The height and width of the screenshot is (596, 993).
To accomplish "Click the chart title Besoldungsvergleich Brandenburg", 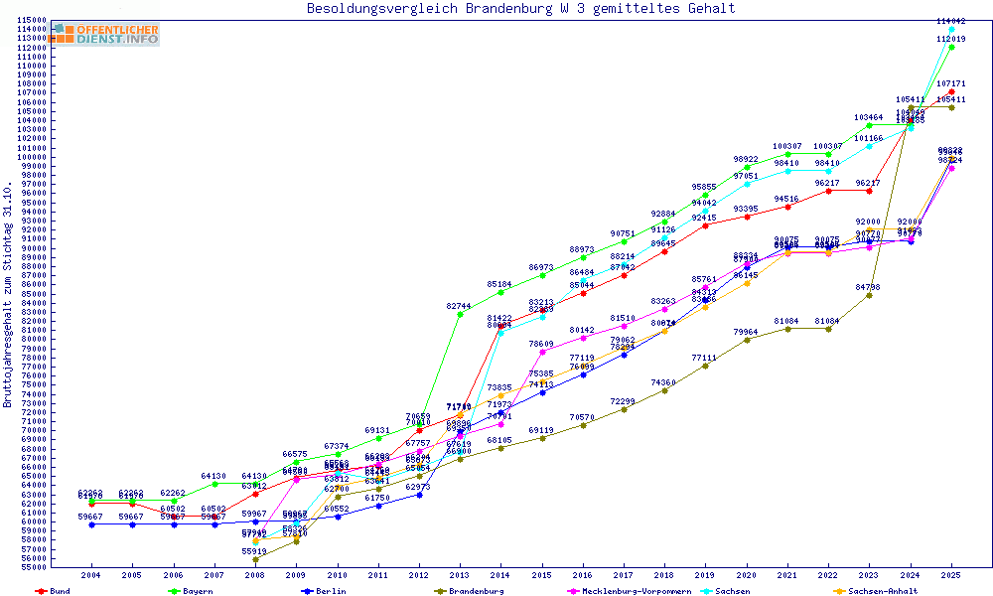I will pyautogui.click(x=521, y=9).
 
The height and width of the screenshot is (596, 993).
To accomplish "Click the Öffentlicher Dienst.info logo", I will pyautogui.click(x=106, y=34).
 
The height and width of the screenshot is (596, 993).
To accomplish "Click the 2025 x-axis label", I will pyautogui.click(x=951, y=575).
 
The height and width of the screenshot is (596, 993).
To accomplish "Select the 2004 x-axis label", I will pyautogui.click(x=91, y=575).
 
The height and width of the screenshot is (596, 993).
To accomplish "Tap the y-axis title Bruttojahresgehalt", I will pyautogui.click(x=8, y=295).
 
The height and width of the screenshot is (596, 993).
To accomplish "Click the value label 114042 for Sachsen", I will pyautogui.click(x=951, y=21).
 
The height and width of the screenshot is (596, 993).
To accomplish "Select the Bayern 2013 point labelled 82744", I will pyautogui.click(x=460, y=314).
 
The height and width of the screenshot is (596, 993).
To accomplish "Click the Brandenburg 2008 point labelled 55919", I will pyautogui.click(x=255, y=559).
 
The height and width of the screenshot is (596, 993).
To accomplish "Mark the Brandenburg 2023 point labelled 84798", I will pyautogui.click(x=869, y=295).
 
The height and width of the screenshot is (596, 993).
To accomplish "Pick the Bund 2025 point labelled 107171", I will pyautogui.click(x=951, y=92).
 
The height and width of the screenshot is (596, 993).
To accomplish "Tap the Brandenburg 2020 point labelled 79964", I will pyautogui.click(x=747, y=340).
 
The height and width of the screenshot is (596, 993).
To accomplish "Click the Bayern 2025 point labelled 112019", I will pyautogui.click(x=951, y=47).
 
